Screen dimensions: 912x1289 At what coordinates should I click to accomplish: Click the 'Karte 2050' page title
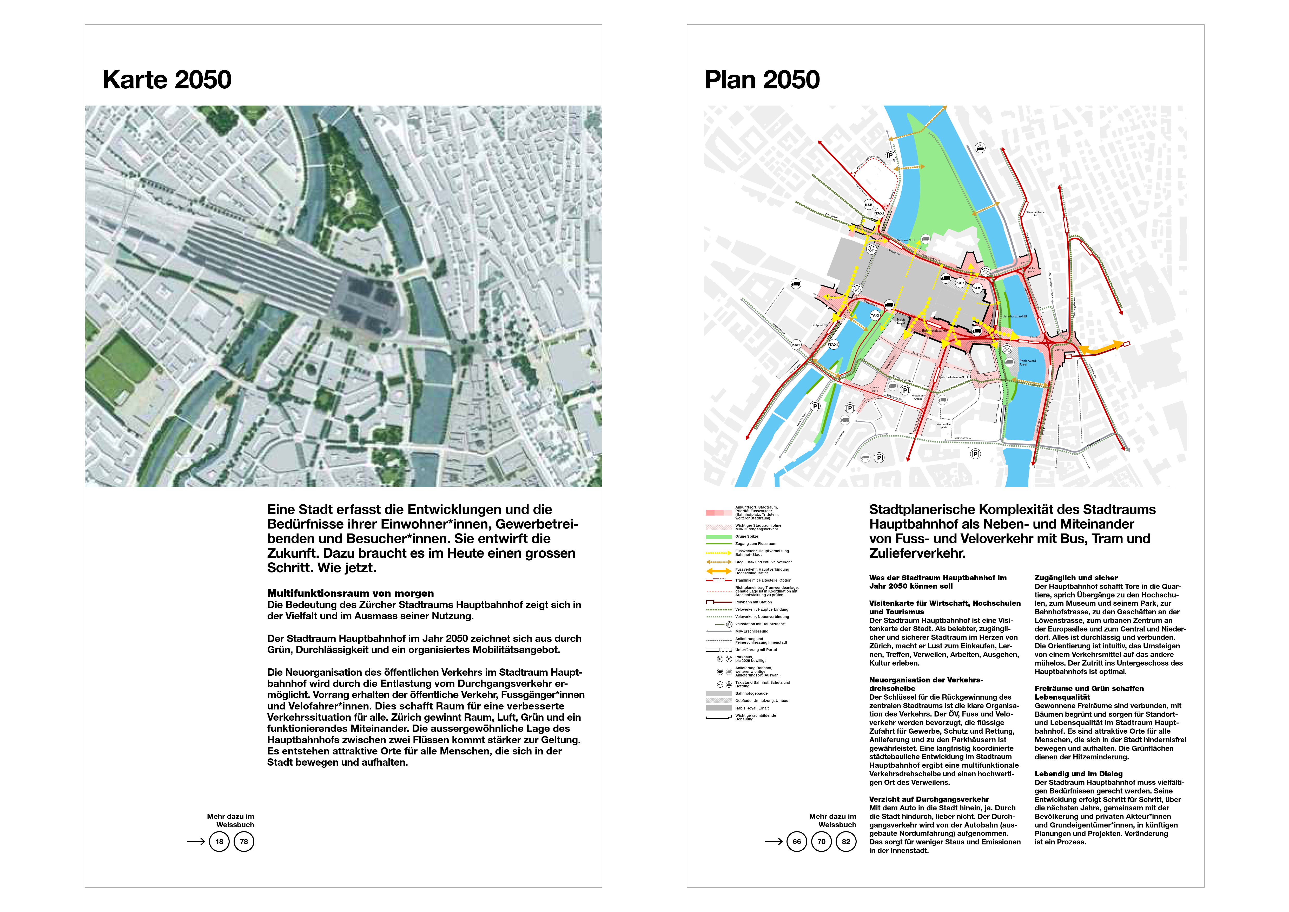[167, 80]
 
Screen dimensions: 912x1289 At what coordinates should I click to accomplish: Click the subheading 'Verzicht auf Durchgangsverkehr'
[929, 799]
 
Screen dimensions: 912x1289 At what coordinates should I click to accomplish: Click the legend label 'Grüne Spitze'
[747, 536]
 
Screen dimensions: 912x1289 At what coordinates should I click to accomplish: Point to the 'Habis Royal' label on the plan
[901, 321]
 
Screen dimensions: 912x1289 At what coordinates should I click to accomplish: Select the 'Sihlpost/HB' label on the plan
[820, 325]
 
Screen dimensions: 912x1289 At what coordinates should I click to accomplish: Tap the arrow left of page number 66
[773, 841]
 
